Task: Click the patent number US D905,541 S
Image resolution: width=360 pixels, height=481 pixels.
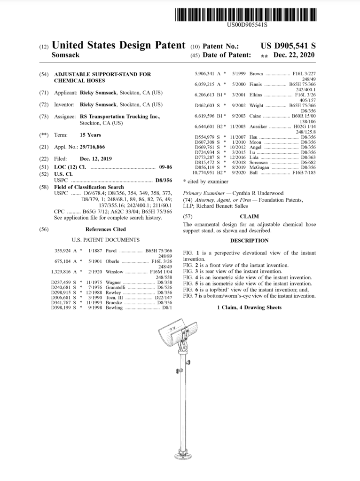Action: tap(288, 46)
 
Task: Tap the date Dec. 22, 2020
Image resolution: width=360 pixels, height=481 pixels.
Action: tap(294, 55)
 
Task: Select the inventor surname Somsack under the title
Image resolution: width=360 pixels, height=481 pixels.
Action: tap(65, 55)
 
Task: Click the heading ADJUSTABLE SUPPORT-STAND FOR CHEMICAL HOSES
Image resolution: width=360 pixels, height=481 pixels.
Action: tap(102, 78)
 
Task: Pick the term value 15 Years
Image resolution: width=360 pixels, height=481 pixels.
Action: tap(90, 135)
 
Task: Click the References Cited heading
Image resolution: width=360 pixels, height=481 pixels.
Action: tap(106, 229)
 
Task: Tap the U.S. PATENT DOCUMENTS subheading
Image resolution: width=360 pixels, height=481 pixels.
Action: tap(106, 240)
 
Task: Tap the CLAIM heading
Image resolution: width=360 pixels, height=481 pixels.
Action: tap(249, 217)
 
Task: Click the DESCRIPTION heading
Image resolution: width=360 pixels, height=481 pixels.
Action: tap(249, 241)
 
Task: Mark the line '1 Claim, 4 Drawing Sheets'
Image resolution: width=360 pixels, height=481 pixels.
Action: tap(249, 308)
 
